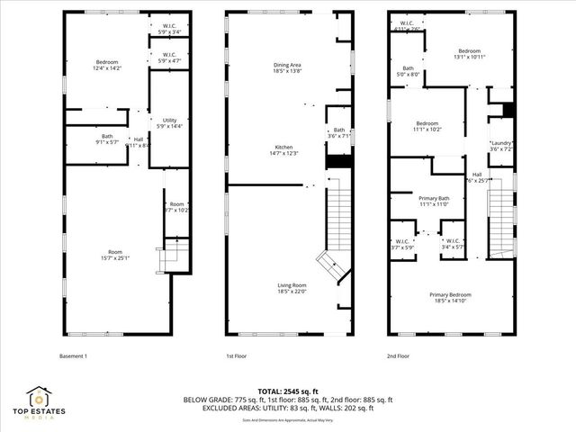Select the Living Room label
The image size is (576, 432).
click(285, 287)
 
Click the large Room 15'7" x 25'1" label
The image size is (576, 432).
click(114, 255)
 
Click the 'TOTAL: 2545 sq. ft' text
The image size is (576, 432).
click(288, 391)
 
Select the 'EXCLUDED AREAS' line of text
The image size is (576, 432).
click(288, 408)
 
